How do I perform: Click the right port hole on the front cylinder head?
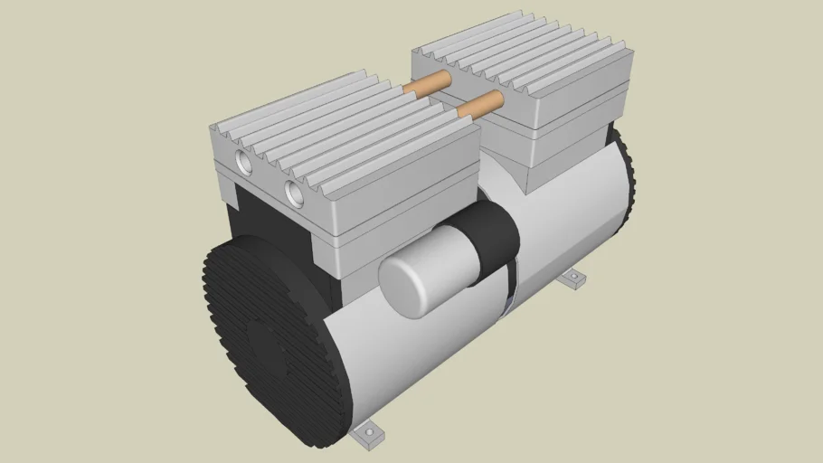point(293,190)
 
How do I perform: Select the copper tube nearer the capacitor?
point(480,104)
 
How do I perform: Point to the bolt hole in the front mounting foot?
point(368,437)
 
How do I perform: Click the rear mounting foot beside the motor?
point(573,280)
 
